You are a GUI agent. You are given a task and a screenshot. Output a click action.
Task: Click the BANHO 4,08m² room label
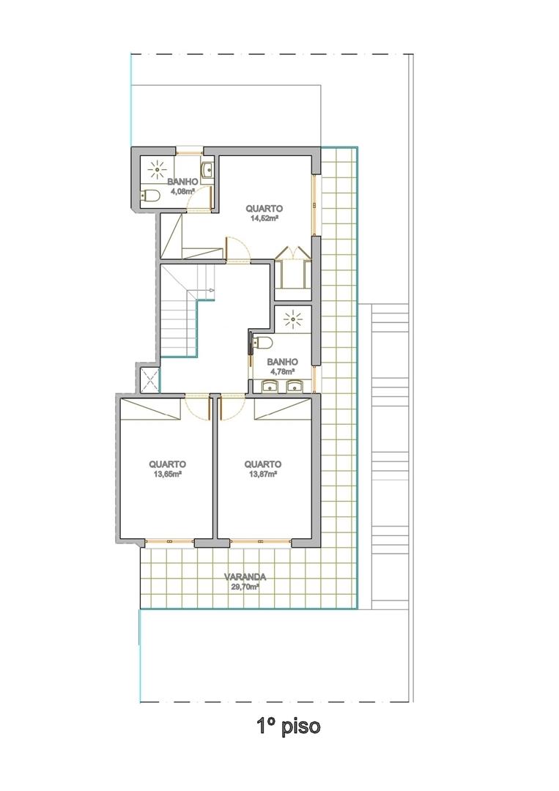coord(182,186)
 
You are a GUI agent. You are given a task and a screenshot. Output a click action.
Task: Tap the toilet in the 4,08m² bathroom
coord(150,196)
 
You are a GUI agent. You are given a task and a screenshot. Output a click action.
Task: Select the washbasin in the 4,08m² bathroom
coord(207,170)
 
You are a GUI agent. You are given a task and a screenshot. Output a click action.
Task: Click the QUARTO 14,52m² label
coord(264,213)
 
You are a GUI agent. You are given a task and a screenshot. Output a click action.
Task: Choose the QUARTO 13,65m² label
coord(167,469)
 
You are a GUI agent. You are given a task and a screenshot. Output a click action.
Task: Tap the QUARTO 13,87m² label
coord(263,469)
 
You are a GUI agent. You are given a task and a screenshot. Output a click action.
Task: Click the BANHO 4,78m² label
coord(283,366)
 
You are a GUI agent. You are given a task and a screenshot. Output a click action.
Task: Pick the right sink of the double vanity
coord(294,387)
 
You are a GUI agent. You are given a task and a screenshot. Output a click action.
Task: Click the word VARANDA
coord(245,577)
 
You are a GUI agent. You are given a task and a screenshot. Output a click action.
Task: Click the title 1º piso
coord(288,727)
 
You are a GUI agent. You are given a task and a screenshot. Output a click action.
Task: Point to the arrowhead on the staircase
coord(212,290)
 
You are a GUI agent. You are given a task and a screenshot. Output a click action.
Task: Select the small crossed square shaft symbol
coord(150,379)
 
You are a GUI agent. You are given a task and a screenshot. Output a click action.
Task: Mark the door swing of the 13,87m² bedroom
coord(233,406)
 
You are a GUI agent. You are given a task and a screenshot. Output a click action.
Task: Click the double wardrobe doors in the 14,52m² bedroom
coord(292,253)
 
